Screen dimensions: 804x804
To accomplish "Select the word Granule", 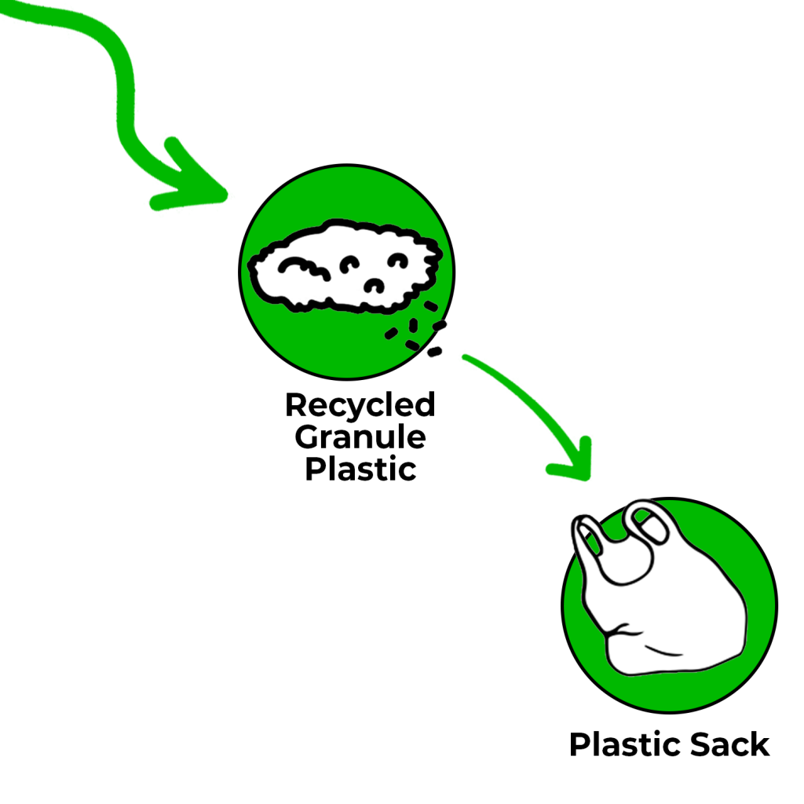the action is point(360,437).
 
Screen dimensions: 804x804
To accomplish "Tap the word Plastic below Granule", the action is point(360,469).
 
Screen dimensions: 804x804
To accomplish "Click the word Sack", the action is point(729,744).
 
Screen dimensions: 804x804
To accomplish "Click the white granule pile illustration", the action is point(345,267).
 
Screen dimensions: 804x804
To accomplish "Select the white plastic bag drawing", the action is point(659,587).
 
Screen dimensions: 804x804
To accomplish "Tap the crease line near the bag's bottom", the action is point(663,652).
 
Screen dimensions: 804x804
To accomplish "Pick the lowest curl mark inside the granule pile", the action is point(374,285).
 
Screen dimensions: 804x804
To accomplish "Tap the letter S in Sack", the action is point(701,744).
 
